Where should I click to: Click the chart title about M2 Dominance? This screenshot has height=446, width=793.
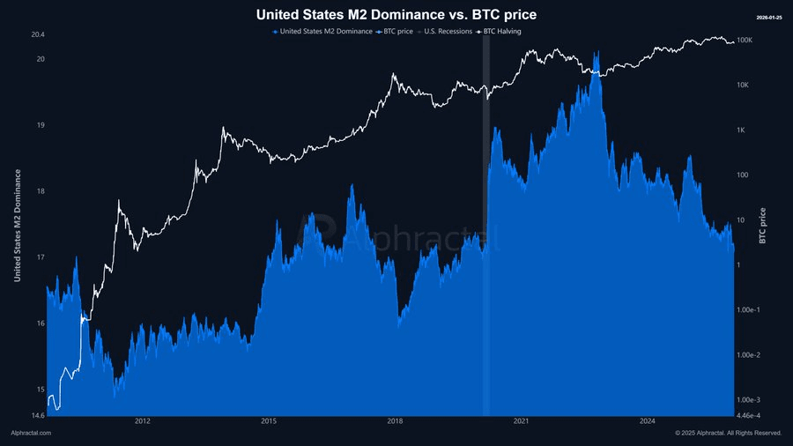tap(396, 14)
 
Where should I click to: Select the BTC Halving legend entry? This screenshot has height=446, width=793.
tap(502, 32)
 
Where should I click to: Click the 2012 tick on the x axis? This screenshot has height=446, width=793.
tap(143, 421)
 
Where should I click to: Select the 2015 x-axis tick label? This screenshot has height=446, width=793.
tap(269, 421)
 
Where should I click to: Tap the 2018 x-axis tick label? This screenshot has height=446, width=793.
tap(395, 421)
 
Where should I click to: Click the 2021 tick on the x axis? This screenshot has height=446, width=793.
tap(521, 421)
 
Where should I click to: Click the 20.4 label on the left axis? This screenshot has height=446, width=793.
tap(37, 35)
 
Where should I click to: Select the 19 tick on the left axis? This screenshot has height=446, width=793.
tap(40, 125)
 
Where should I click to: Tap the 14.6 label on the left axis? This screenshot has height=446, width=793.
tap(37, 415)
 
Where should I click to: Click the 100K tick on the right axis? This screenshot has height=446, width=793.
tap(744, 41)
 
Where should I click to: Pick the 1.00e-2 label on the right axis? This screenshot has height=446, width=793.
tap(750, 355)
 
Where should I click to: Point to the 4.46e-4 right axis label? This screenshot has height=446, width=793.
tap(750, 415)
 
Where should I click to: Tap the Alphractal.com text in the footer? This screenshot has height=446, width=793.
tap(31, 433)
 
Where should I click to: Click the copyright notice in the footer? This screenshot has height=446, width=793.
tap(728, 433)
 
